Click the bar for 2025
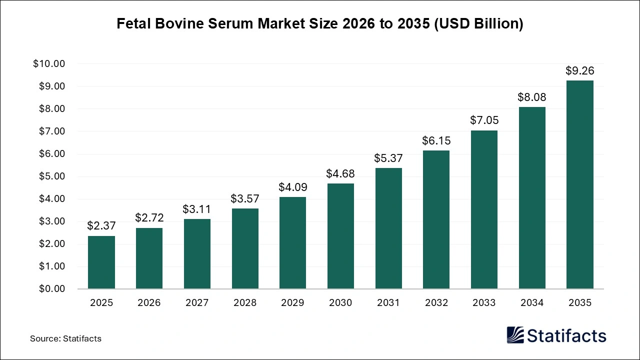(x=101, y=262)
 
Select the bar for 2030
(x=340, y=236)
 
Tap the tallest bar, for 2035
(x=579, y=184)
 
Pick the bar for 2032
(x=436, y=219)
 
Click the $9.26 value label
(x=579, y=71)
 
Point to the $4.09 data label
(x=292, y=187)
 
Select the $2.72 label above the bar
(x=149, y=218)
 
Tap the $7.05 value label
(x=484, y=120)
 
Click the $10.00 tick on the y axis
(x=49, y=64)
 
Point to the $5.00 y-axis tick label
(x=51, y=176)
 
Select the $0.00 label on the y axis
(x=51, y=289)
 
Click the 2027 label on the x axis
(x=197, y=303)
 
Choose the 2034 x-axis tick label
(x=532, y=303)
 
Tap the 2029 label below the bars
(x=292, y=303)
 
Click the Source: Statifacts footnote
(x=65, y=338)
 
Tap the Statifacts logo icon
(x=515, y=335)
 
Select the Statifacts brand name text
(x=567, y=335)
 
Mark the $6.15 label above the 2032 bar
(x=436, y=141)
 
